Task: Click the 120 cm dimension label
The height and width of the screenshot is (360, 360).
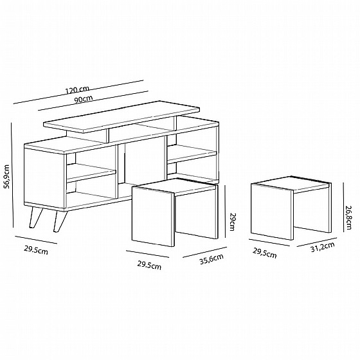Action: [77, 90]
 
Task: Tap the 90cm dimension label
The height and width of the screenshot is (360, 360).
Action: [84, 100]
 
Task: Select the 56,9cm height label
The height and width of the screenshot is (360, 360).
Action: [7, 177]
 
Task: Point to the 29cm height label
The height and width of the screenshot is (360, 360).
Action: [232, 222]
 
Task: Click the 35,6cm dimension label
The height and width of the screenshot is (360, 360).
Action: [212, 259]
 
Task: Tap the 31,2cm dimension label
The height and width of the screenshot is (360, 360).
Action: [322, 247]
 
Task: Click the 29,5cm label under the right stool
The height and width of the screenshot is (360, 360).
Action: [264, 253]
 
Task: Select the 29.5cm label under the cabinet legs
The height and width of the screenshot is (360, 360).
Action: [36, 250]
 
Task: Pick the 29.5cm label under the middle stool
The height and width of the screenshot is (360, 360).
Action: [149, 265]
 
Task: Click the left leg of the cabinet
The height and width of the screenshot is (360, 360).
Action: [36, 217]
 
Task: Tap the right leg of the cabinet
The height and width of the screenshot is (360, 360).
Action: [60, 222]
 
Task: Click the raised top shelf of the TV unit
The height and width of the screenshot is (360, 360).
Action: [122, 116]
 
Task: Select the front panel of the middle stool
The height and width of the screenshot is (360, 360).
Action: [153, 217]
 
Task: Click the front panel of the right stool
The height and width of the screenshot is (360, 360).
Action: [272, 212]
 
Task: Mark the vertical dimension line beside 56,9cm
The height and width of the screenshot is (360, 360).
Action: [12, 175]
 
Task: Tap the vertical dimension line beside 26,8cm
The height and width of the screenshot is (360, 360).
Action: [343, 207]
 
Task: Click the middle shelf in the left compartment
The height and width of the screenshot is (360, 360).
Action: [91, 172]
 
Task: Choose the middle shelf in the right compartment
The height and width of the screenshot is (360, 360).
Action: [192, 154]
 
